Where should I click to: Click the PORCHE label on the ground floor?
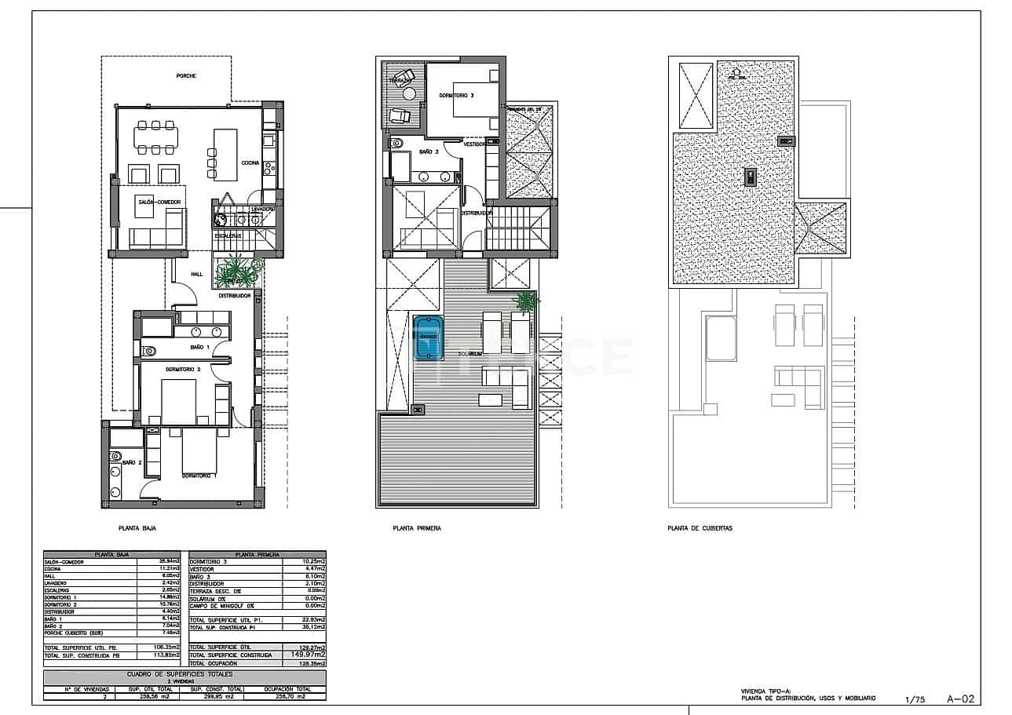click(186, 76)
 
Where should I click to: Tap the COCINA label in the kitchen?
click(250, 162)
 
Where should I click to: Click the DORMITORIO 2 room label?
click(183, 368)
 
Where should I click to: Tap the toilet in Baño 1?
click(150, 351)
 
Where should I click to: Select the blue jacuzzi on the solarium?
click(427, 337)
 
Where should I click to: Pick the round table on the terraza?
click(410, 93)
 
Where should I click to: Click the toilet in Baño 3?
click(397, 143)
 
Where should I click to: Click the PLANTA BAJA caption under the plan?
click(137, 529)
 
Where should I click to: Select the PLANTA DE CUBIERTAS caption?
click(700, 529)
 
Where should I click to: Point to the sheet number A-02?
click(960, 698)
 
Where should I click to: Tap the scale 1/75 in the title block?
click(915, 699)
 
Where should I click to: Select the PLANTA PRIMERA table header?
click(257, 554)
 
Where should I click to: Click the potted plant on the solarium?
click(527, 301)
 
